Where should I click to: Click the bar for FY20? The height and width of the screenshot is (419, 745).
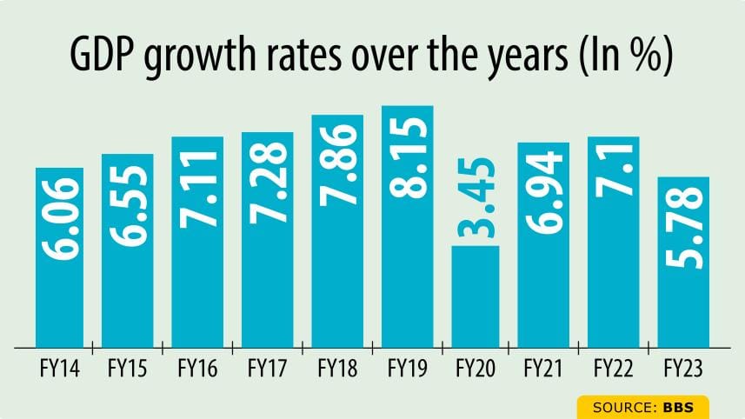tap(475, 296)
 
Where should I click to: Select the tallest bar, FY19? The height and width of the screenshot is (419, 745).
tap(407, 226)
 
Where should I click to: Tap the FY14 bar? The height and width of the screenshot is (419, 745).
tap(59, 257)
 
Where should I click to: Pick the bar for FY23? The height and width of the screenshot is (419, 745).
tap(683, 262)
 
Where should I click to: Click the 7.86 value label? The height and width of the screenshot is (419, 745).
tap(337, 164)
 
